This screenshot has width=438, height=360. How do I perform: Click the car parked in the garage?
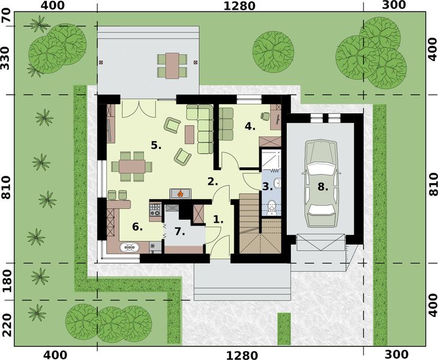322,183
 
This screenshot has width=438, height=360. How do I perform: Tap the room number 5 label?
157,145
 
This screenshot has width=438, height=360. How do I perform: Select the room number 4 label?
250,127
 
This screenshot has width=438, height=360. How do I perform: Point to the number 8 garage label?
323,187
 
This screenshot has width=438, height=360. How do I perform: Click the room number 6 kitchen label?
137,226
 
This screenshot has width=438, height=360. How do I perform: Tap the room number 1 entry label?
218,220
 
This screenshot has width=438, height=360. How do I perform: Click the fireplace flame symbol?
180,193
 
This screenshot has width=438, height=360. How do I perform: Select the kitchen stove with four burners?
155,210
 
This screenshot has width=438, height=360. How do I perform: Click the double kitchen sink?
130,246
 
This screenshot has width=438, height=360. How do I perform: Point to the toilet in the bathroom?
272,207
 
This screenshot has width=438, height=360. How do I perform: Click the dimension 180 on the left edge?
7,281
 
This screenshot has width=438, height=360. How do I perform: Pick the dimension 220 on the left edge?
7,324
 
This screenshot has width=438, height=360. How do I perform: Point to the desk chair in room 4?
265,115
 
